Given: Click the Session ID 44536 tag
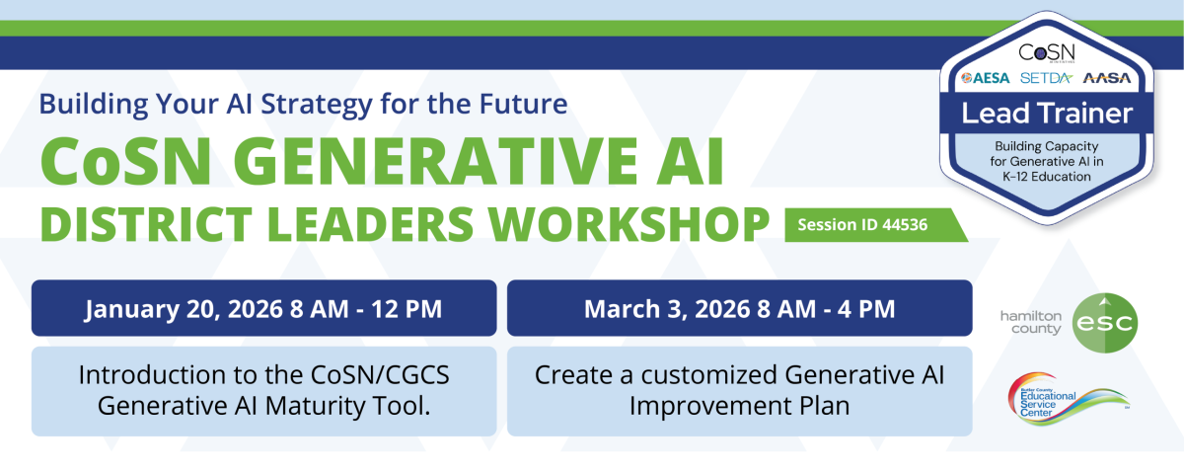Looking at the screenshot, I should pos(864,225).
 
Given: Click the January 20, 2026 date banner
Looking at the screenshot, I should pos(263,308).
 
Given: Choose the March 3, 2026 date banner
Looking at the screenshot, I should pos(739,308).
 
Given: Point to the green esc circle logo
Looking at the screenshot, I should pos(1104,323).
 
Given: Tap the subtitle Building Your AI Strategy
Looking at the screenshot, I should pos(303,103).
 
